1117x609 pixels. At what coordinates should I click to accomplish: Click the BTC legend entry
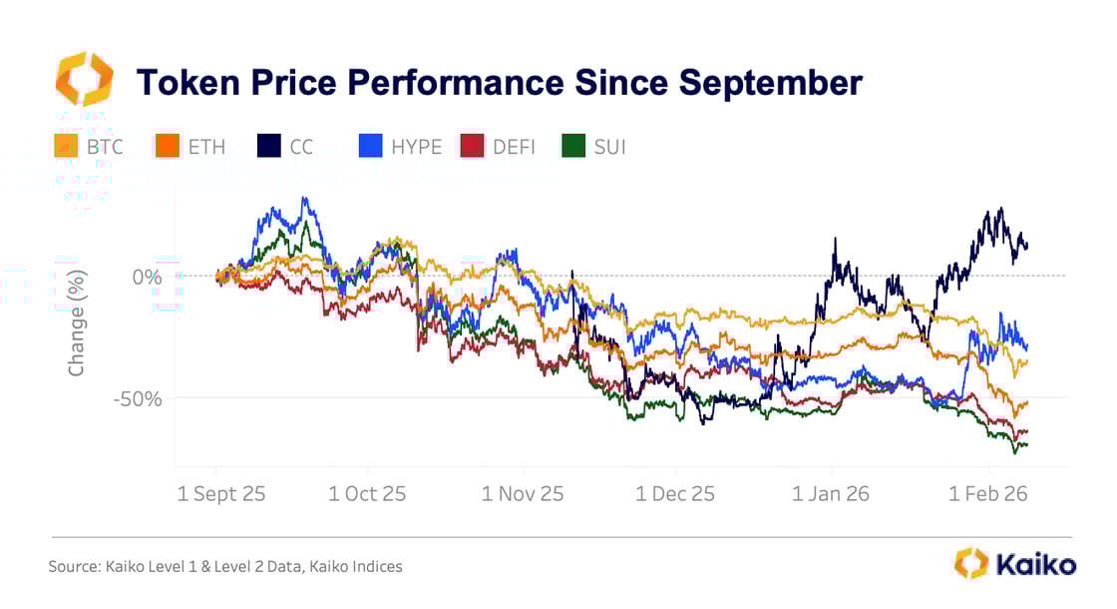click(x=91, y=147)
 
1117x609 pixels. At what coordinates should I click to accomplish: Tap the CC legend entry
click(x=287, y=147)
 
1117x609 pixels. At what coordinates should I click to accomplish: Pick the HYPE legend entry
click(x=400, y=147)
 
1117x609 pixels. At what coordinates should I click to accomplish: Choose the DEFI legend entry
click(x=499, y=147)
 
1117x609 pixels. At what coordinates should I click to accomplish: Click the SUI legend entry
click(x=595, y=147)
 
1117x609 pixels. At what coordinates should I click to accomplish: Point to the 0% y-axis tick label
click(x=146, y=277)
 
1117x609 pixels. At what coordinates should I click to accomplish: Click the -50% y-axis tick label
click(x=137, y=398)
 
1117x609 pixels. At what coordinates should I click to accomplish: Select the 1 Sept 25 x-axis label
click(x=220, y=493)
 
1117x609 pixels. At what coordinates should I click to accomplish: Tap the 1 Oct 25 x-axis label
click(x=367, y=493)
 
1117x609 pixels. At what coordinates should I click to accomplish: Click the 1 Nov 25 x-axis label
click(x=523, y=493)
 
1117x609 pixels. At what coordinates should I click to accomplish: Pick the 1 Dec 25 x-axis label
click(x=676, y=493)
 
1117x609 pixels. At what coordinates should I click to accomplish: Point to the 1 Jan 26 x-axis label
click(x=832, y=493)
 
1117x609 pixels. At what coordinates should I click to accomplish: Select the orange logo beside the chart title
click(x=85, y=80)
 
